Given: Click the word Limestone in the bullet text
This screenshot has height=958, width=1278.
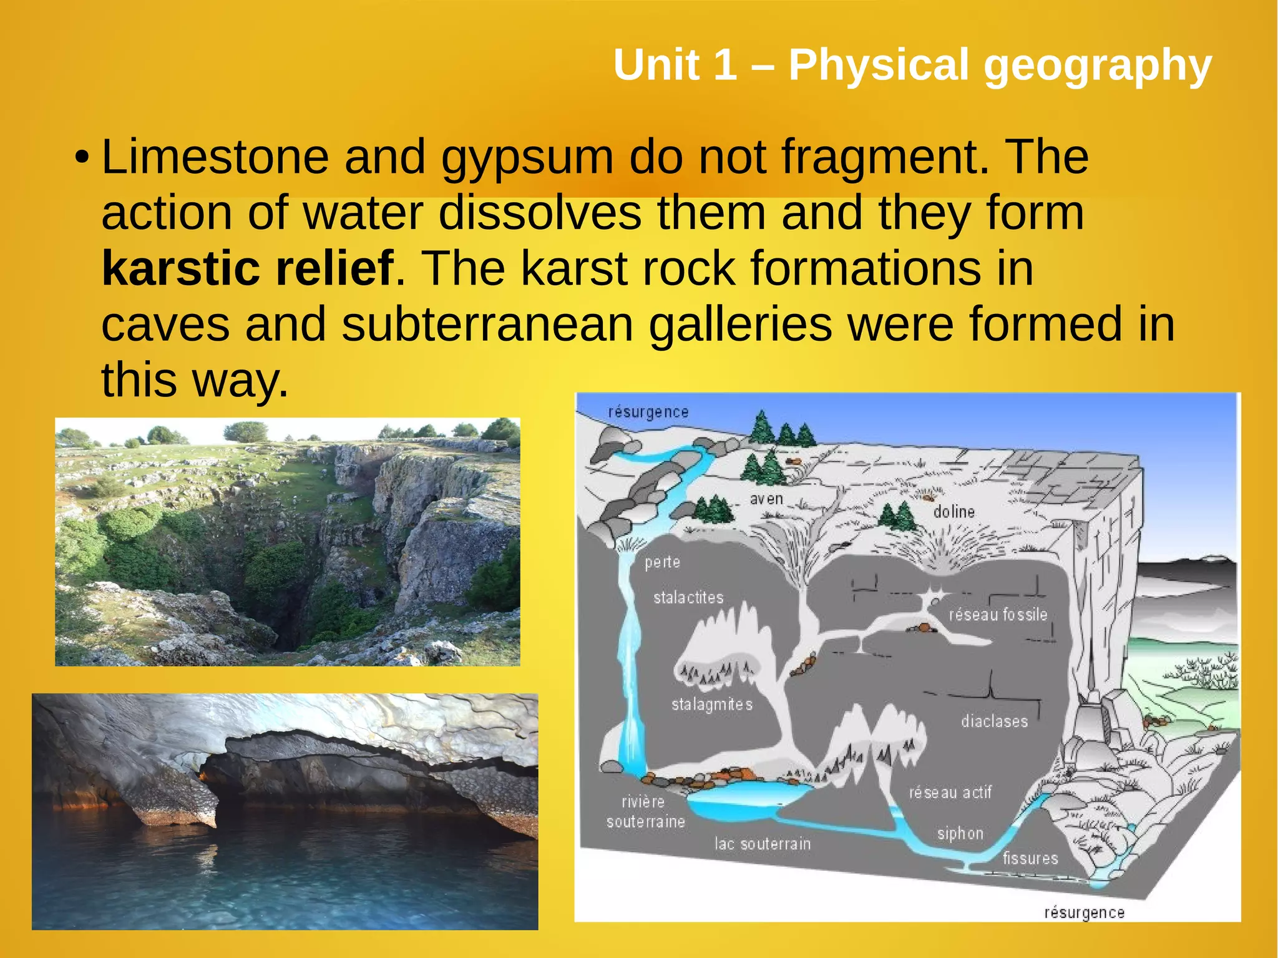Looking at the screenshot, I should point(215,157).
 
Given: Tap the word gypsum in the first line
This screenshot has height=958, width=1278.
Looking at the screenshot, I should point(527,159).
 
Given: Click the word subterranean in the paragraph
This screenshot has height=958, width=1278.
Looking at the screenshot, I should point(487,325).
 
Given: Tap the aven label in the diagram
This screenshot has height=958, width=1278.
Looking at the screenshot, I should point(766,499).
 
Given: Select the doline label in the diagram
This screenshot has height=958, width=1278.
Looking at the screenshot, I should point(954,512).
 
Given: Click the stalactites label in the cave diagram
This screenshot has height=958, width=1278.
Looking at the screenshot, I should point(688,598).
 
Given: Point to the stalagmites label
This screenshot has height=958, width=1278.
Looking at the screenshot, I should point(712,705).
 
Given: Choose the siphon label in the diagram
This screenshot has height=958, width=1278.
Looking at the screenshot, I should point(960,834).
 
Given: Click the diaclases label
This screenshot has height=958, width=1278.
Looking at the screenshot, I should point(994,721).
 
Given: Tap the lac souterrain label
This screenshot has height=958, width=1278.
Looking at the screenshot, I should point(763,844).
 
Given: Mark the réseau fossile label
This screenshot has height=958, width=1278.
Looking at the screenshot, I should point(998,615).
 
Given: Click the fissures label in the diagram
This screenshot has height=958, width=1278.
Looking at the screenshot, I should point(1030,859).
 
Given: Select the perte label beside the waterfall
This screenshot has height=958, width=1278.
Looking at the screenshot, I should point(662,562).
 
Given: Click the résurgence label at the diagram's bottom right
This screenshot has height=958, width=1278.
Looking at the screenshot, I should point(1084,912).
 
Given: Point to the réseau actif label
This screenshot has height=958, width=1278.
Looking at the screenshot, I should point(950,793).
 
